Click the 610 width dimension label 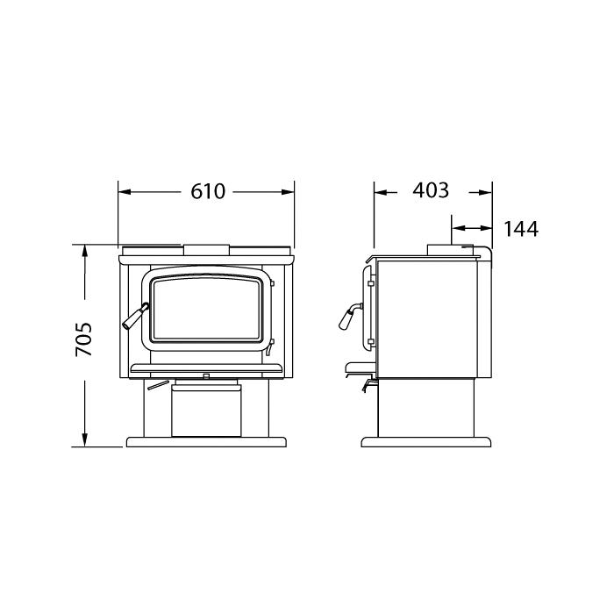(208, 191)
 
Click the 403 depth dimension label (431, 190)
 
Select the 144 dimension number (521, 229)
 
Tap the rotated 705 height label (83, 339)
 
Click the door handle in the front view (135, 316)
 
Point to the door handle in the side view (350, 316)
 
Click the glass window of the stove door (206, 308)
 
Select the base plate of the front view (206, 442)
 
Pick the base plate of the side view (426, 442)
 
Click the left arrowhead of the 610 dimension (125, 192)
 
